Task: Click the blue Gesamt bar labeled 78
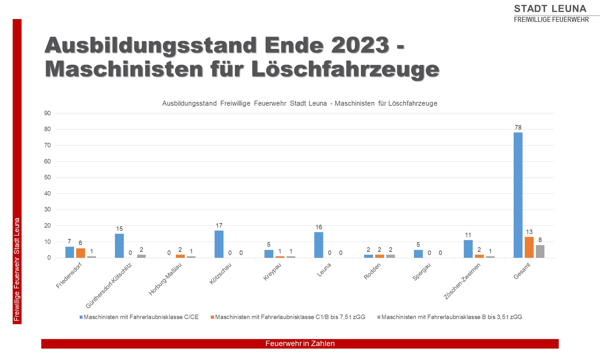518,195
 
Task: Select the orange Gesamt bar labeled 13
529,247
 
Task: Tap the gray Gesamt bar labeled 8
540,251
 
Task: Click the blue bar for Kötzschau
219,244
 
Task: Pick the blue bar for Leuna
319,245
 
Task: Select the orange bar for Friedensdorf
81,253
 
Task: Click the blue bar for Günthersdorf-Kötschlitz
119,246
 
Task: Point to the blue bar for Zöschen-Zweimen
468,249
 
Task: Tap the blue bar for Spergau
418,254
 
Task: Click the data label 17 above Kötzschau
219,226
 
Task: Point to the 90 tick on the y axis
47,113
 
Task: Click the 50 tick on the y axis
47,177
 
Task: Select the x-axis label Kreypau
272,272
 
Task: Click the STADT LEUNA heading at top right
550,9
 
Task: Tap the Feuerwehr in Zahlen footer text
300,343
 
